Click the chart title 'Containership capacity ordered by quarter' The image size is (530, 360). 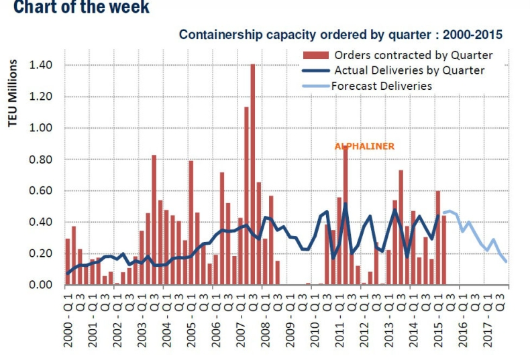point(341,34)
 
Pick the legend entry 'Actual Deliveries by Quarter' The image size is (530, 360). point(409,70)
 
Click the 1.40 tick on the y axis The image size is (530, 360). point(40,65)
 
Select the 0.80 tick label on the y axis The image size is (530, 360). point(40,160)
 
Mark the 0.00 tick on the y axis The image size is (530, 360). point(40,285)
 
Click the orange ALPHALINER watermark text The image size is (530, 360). point(364,145)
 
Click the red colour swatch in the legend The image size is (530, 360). point(315,54)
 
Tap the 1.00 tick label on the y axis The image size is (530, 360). point(40,128)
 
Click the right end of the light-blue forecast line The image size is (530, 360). point(506,261)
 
